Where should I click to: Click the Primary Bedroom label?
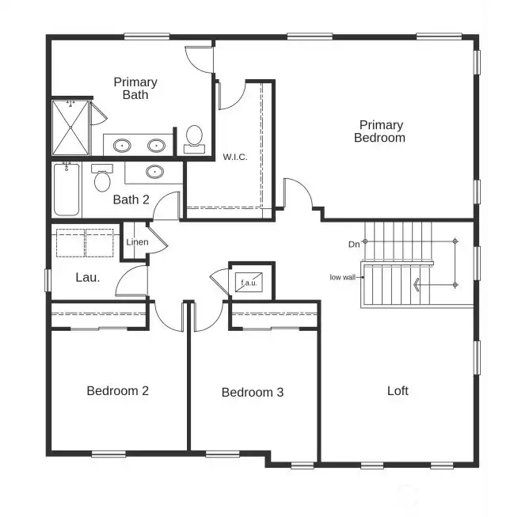[381, 131]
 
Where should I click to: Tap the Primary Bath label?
[135, 88]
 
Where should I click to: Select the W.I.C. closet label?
[235, 157]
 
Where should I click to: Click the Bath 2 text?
[131, 200]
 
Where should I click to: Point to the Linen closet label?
[136, 241]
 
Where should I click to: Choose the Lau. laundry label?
[87, 277]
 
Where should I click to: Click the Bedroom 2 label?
[118, 390]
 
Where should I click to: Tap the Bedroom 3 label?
[252, 392]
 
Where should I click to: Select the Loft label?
[398, 390]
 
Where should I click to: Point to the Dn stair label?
[354, 245]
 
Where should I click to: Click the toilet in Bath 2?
[101, 180]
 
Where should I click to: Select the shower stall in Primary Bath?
[70, 127]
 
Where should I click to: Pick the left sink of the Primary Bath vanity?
[122, 146]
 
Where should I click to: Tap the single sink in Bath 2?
[154, 171]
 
